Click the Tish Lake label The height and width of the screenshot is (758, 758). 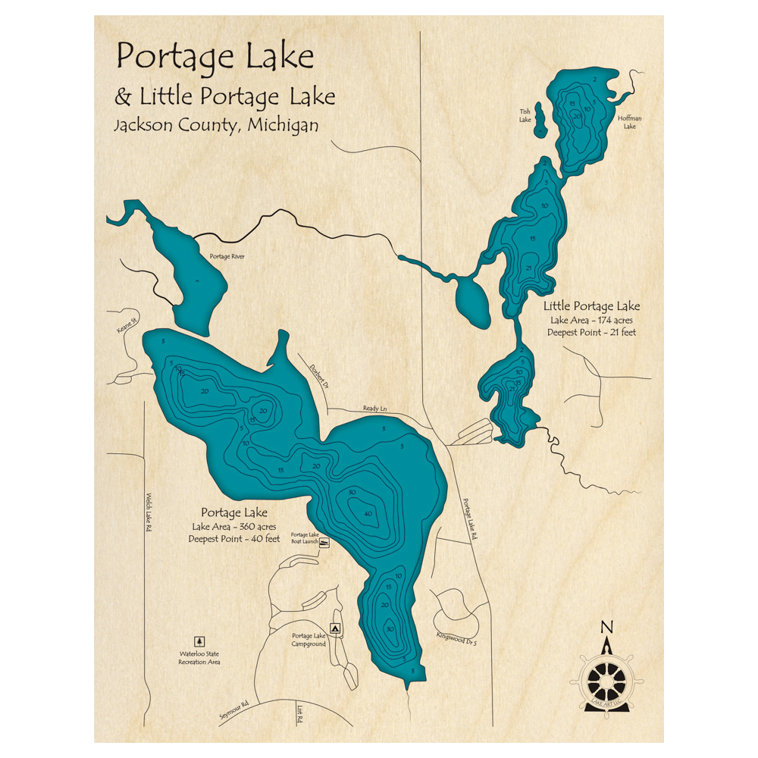click(x=525, y=114)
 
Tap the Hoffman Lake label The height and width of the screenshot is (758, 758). click(x=629, y=122)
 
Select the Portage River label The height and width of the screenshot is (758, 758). click(x=227, y=256)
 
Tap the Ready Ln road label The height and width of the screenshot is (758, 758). click(x=374, y=409)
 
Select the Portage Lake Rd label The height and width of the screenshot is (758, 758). click(x=471, y=518)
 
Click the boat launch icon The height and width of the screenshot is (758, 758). click(x=324, y=543)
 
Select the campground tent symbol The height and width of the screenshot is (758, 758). click(x=335, y=628)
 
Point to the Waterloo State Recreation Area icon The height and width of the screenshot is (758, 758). click(x=200, y=641)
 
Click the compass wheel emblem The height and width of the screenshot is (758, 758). click(x=606, y=672)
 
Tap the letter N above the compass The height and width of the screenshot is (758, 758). click(x=606, y=627)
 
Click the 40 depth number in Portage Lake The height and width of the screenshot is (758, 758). click(x=368, y=514)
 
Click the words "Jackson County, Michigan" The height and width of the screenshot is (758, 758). click(x=216, y=126)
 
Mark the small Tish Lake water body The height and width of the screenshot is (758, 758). click(x=540, y=120)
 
